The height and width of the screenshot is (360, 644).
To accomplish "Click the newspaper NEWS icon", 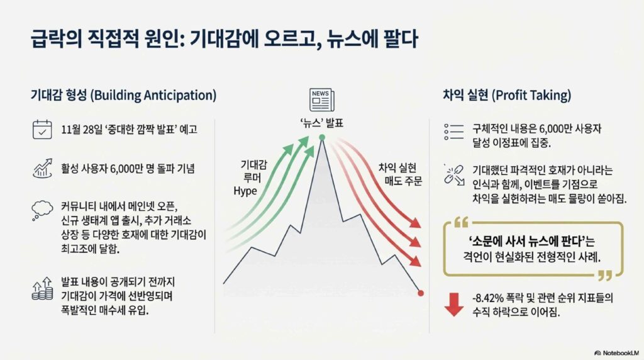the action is pos(322,100).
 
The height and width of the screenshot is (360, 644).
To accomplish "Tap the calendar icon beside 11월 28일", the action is pos(42,130).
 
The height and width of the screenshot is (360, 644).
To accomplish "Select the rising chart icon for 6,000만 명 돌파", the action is pos(42,169).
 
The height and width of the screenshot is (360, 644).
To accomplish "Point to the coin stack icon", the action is pos(43,289).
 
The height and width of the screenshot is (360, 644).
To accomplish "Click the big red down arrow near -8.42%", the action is pos(454,305).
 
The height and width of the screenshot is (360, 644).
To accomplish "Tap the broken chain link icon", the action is pos(454,175).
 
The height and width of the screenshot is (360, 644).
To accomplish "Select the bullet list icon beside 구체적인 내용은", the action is pos(454,132).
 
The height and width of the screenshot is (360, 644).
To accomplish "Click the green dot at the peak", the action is pos(322,137).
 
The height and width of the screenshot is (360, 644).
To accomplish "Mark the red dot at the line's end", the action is pos(421,293).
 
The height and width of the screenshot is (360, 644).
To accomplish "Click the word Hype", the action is pos(245,191).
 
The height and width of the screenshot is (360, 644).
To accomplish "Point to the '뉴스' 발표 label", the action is pos(322,123).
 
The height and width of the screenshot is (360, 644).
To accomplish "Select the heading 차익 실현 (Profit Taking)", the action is pos(507,95).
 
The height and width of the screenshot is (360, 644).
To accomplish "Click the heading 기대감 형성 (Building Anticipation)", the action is pos(124,95).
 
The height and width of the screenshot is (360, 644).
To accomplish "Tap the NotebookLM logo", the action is pos(616,353).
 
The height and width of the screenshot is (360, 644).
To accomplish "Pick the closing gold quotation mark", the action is pos(605,275).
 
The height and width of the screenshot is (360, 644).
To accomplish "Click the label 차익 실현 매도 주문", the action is pos(400,174).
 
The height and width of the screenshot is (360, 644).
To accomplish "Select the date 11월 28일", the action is pos(81,130).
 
